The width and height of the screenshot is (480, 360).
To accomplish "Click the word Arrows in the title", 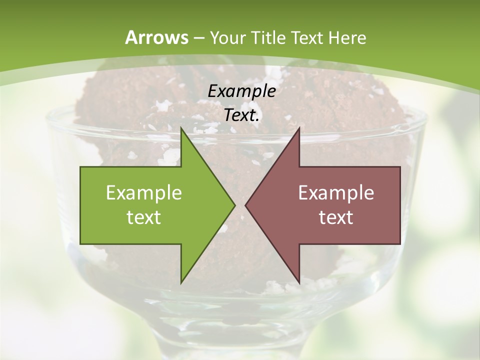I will click(157, 37).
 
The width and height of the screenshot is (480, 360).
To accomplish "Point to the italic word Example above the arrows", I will click(241, 91).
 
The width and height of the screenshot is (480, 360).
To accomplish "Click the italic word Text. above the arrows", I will click(241, 115).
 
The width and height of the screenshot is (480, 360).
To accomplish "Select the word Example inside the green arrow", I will click(144, 192).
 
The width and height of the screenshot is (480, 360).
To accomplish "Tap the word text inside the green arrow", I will click(144, 217).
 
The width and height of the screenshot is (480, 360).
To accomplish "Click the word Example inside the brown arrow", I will click(336, 192).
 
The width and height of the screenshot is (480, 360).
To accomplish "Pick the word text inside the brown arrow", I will click(336, 217).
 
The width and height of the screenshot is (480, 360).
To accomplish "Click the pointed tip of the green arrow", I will click(234, 205).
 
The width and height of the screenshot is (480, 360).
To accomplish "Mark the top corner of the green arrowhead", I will click(181, 128).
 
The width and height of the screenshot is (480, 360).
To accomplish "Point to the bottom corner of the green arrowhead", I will click(181, 282).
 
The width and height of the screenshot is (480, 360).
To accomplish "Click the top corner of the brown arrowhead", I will click(299, 128).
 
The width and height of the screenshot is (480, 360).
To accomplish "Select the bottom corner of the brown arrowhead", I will click(299, 282).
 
